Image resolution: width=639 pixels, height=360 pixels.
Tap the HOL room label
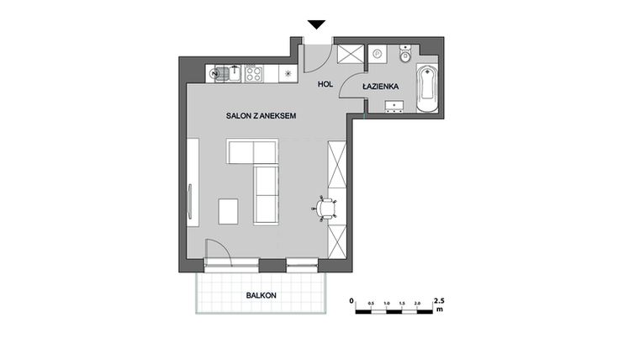(x=325, y=83)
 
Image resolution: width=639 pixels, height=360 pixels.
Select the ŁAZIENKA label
(x=381, y=87)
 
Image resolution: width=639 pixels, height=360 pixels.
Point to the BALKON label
(x=261, y=295)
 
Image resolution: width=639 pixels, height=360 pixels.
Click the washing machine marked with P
(x=378, y=55)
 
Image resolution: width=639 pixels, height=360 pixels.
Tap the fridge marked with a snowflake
(x=288, y=73)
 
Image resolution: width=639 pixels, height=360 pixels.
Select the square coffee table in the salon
(x=229, y=210)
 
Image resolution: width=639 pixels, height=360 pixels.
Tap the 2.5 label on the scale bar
(x=438, y=300)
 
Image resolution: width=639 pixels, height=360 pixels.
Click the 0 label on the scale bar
(x=352, y=300)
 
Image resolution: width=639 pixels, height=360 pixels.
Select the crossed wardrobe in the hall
(x=349, y=55)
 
